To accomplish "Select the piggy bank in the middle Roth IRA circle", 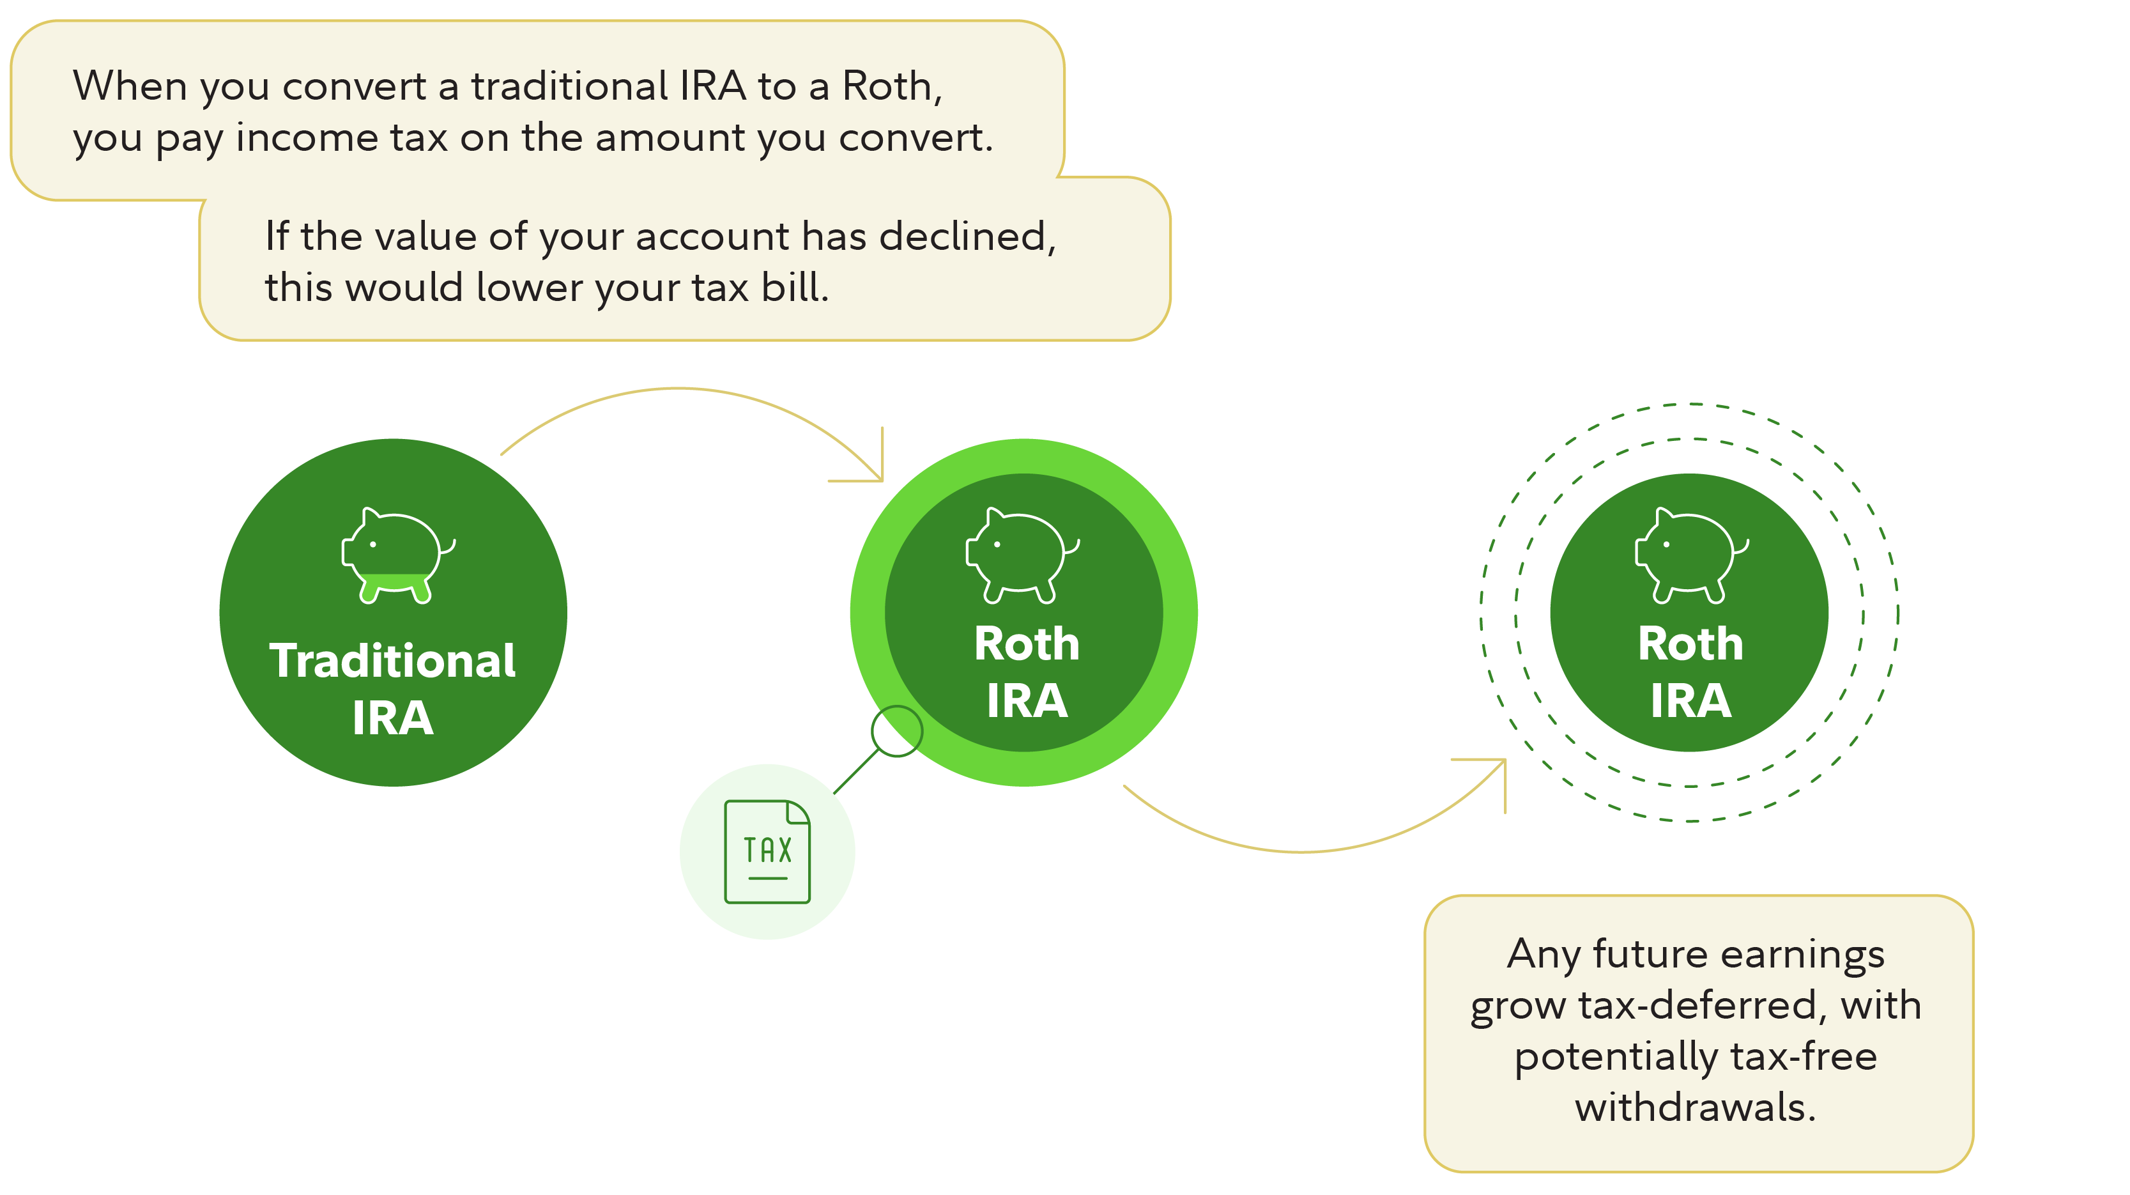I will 1022,555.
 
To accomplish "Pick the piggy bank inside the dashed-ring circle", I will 1691,555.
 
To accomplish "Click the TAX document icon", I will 767,851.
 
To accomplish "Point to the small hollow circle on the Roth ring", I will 896,731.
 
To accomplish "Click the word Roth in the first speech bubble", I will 888,86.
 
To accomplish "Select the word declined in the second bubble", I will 967,237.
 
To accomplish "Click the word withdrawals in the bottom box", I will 1694,1107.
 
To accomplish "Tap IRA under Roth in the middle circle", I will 1027,701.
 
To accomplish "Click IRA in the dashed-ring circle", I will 1691,701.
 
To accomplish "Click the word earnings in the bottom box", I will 1802,956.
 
